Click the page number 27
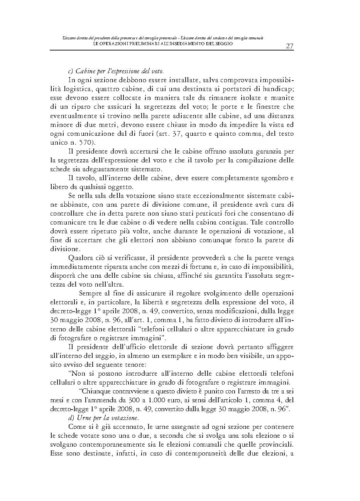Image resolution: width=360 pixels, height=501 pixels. [289, 46]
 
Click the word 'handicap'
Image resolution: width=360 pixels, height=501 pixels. [281, 89]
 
